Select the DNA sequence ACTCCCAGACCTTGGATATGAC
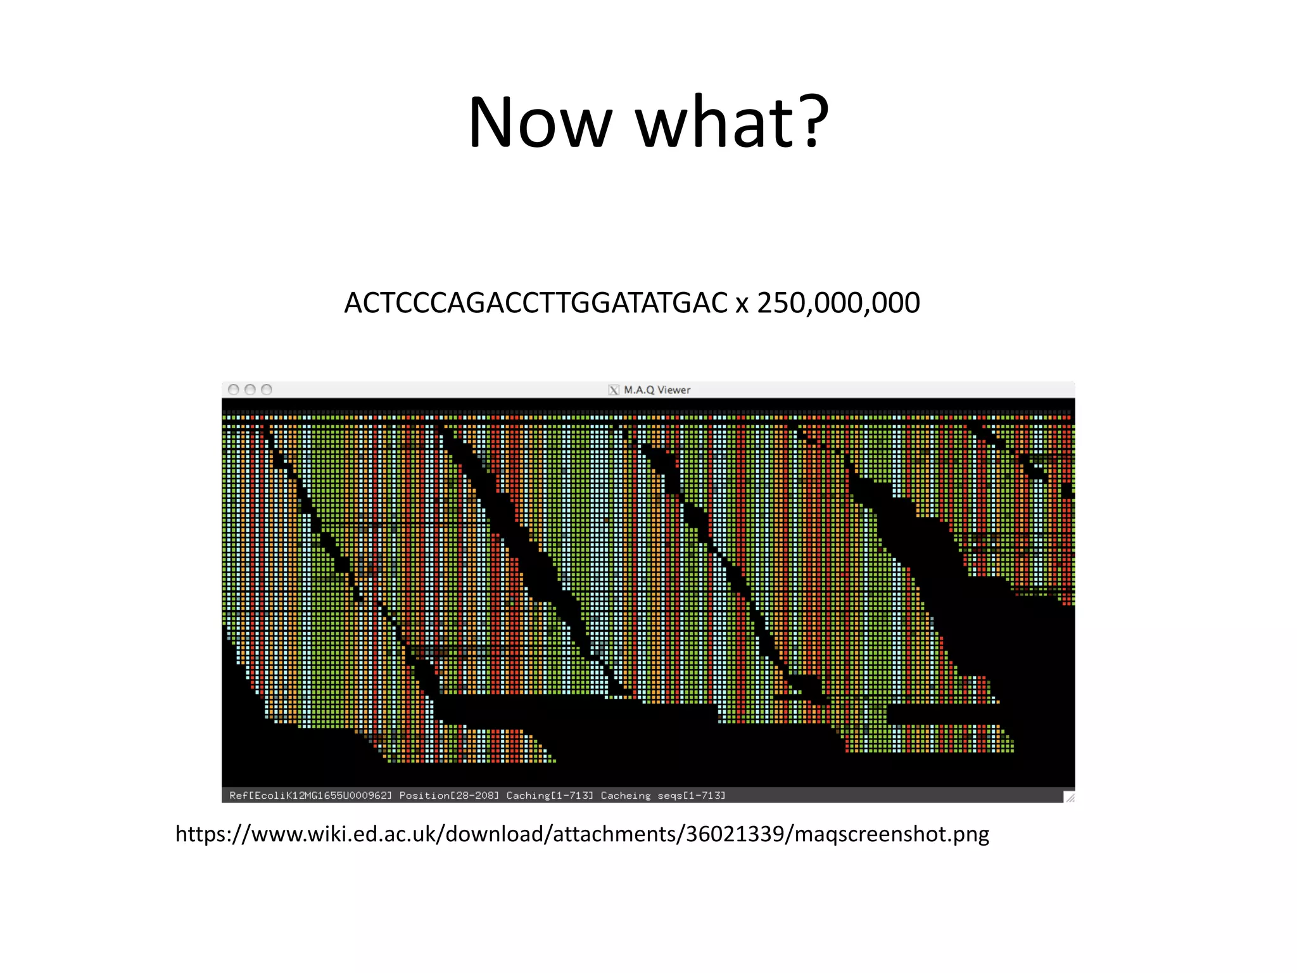pos(536,303)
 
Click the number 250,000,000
pos(838,303)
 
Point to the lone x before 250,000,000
pos(742,305)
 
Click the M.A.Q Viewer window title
pos(657,390)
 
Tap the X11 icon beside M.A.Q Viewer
pos(614,390)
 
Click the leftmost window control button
pos(234,390)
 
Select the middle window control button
pos(250,390)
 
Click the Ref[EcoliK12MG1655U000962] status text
pos(311,796)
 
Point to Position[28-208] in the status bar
pos(449,796)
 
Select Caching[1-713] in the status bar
pos(550,796)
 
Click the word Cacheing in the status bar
pos(626,796)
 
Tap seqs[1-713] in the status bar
pos(692,796)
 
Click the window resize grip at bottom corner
pos(1069,797)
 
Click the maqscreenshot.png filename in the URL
pos(892,834)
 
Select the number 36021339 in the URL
pos(735,834)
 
